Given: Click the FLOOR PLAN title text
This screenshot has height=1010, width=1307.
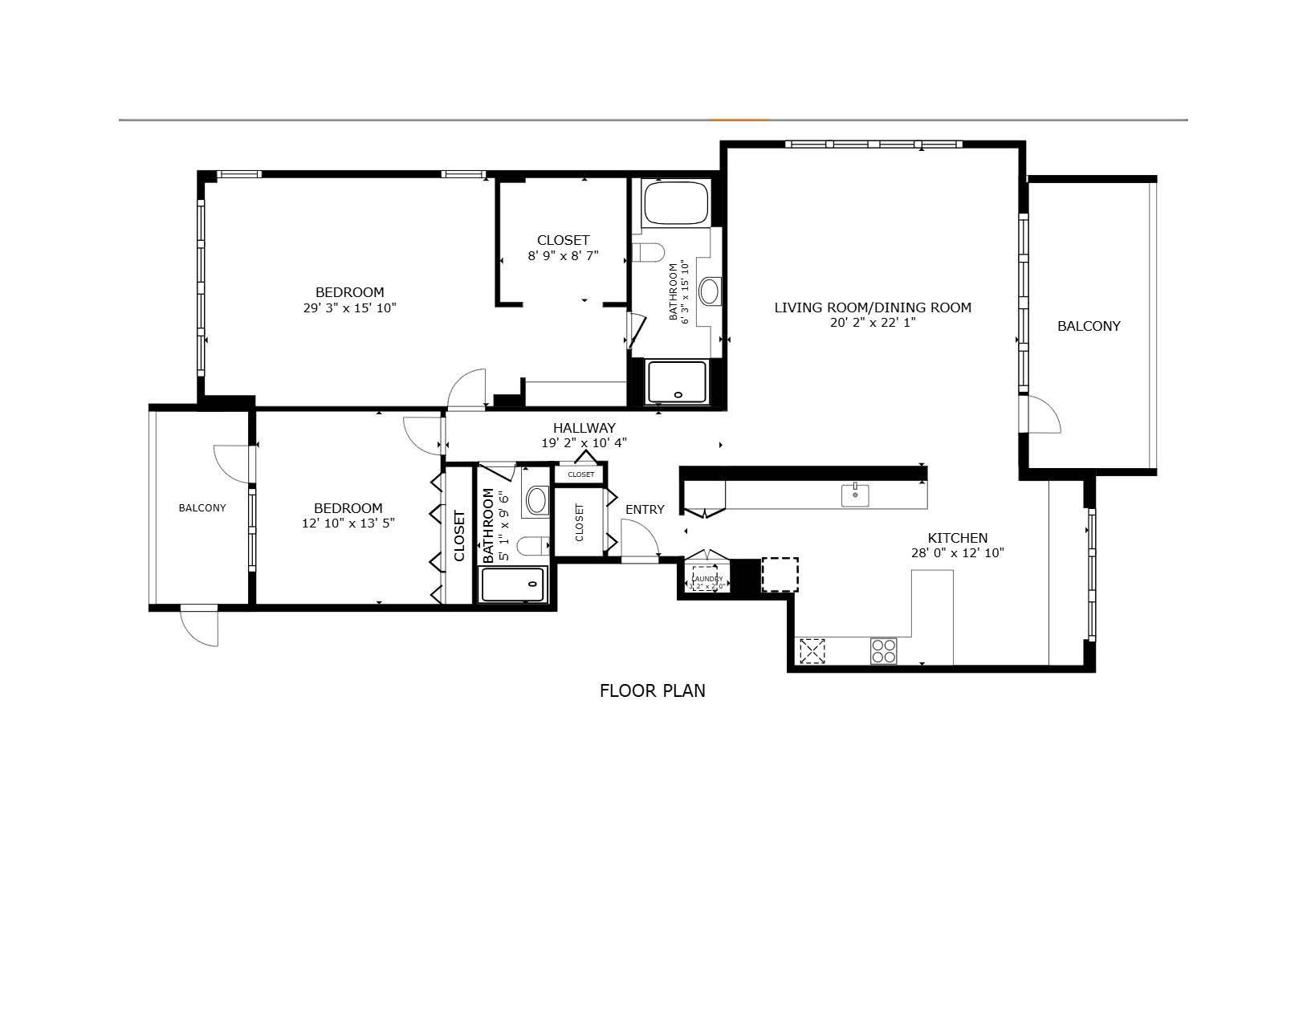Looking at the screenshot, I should point(652,690).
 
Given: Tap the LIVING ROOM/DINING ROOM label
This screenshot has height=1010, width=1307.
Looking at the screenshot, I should point(873,307).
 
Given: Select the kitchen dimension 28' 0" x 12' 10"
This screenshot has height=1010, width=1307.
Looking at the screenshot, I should point(958,553).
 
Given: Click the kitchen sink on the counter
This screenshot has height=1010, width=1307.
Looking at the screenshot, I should point(855,495).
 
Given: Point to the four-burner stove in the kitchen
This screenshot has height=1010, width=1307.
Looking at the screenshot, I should point(884,650).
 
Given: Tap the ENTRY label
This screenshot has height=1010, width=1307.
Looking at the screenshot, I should point(645,509).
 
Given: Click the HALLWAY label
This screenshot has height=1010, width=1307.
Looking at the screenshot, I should point(584,428).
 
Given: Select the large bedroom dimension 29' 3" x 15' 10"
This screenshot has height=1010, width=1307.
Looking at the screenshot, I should point(349,307).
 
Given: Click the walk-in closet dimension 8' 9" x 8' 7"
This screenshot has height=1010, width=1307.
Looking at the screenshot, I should point(563,256).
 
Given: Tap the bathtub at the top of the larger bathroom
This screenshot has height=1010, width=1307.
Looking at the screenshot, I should point(676,203).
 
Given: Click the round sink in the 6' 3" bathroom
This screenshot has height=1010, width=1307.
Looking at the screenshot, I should point(710,291).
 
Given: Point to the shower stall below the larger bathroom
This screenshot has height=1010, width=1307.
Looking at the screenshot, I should point(678,382).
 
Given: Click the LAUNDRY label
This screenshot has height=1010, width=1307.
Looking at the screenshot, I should point(706,578).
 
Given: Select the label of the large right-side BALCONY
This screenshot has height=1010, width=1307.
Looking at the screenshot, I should point(1089,326).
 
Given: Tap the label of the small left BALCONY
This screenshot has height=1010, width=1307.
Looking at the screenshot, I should point(202,508).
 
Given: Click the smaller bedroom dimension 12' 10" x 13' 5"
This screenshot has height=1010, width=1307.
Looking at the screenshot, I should point(348,523).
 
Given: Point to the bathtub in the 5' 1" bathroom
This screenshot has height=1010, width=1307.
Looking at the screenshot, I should point(512,584).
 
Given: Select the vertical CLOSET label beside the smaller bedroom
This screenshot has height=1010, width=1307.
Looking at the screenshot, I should point(459,536).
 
